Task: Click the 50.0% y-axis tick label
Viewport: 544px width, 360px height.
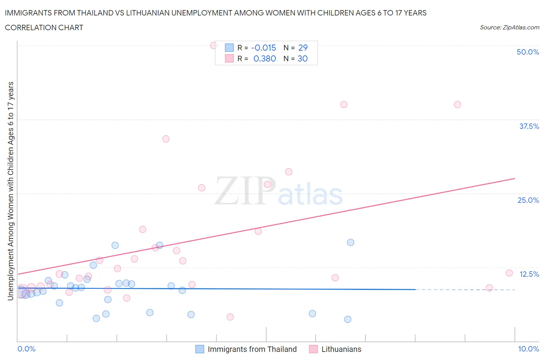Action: coord(528,52)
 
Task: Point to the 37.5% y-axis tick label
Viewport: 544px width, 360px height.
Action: coord(529,126)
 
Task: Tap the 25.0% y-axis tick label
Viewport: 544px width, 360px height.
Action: coord(528,200)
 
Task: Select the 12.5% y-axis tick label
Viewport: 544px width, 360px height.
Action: coord(529,274)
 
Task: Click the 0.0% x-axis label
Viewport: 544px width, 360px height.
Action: coord(26,349)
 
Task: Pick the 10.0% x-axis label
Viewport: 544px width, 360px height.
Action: coord(528,349)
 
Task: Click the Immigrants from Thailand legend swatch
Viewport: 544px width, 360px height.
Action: coord(200,349)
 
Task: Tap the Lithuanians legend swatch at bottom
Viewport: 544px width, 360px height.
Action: coord(313,349)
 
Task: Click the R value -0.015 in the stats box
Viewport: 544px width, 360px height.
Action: coord(263,48)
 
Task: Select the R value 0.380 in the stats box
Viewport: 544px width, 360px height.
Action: coord(265,58)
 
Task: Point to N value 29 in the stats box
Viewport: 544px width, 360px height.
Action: coord(303,48)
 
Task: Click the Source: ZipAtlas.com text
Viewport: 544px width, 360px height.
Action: coord(509,27)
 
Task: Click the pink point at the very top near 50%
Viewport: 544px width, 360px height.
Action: coord(214,45)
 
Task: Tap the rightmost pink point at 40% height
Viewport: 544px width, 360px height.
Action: coord(457,105)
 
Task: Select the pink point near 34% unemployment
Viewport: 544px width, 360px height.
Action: coord(166,139)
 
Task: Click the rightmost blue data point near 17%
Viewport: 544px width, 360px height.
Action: coord(351,242)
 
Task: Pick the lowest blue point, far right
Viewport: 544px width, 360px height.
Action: coord(347,319)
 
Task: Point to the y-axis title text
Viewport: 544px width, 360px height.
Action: coord(10,191)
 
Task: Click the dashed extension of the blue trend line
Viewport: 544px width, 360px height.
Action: coord(464,290)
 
